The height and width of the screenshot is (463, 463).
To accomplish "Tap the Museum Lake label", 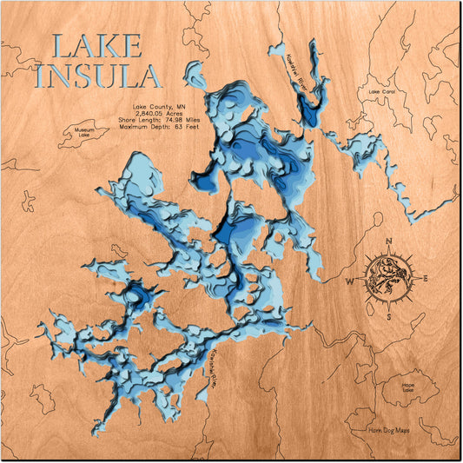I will (x=83, y=132).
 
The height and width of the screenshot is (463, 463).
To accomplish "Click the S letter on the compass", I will (x=389, y=317).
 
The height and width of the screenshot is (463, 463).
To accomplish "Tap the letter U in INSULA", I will (x=110, y=76).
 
